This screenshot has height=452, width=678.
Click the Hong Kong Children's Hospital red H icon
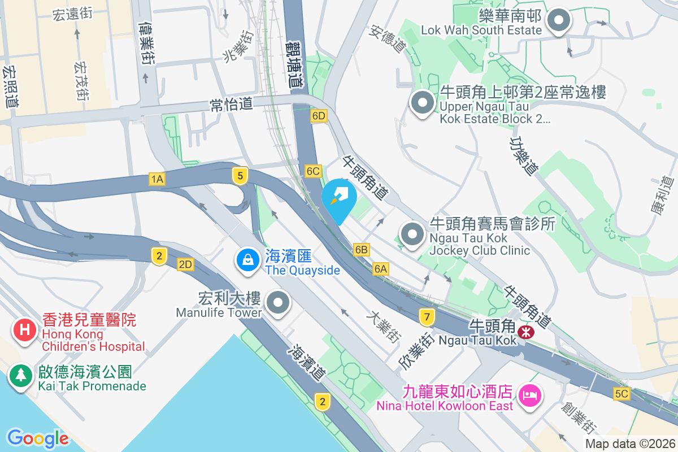pyautogui.click(x=24, y=329)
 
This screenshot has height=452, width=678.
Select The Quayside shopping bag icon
pyautogui.click(x=247, y=260)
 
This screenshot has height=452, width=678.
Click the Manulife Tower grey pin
pyautogui.click(x=277, y=302)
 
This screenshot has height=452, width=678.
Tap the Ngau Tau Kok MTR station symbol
pyautogui.click(x=526, y=332)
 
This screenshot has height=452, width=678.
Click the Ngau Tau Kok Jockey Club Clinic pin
pyautogui.click(x=412, y=234)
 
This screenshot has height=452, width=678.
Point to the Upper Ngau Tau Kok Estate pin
pyautogui.click(x=422, y=103)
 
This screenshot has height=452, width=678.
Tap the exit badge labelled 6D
pyautogui.click(x=319, y=116)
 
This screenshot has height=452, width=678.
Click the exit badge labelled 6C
pyautogui.click(x=313, y=171)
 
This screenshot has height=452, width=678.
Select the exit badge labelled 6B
pyautogui.click(x=362, y=249)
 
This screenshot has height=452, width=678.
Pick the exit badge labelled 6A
pyautogui.click(x=381, y=269)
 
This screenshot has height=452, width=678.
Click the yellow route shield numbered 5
pyautogui.click(x=240, y=176)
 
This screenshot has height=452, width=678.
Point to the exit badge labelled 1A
pyautogui.click(x=157, y=179)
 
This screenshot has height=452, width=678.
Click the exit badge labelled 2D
pyautogui.click(x=185, y=264)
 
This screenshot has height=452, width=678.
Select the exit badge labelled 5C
pyautogui.click(x=621, y=394)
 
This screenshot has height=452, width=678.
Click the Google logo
pyautogui.click(x=38, y=438)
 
